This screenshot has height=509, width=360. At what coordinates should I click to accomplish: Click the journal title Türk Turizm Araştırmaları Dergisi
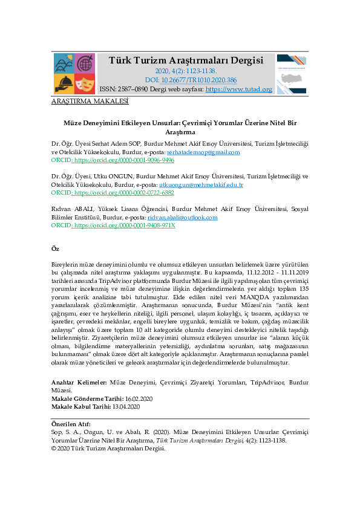(186, 60)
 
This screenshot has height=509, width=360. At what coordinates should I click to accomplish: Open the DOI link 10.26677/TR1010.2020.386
(199, 80)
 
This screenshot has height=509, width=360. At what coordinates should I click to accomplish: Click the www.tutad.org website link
(239, 89)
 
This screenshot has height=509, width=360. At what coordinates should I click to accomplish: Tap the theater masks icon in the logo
(85, 84)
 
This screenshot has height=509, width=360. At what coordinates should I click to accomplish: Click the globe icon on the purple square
(85, 63)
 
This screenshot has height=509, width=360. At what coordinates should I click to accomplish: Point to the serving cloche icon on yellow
(64, 84)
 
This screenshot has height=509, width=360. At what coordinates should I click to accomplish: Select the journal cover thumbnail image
(292, 74)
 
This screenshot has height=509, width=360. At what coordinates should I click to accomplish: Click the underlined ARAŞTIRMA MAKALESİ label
(90, 102)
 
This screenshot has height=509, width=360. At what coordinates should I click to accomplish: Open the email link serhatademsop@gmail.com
(203, 152)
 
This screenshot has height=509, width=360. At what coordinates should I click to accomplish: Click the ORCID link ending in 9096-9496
(125, 160)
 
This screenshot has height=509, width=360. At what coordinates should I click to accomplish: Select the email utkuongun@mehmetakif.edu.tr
(201, 185)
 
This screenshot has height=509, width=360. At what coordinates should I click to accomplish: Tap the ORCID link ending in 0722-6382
(125, 192)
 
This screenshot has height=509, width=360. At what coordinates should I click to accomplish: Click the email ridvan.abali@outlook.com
(183, 217)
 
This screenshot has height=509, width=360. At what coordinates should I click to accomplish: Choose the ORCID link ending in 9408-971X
(125, 225)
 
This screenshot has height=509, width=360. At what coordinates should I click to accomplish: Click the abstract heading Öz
(55, 248)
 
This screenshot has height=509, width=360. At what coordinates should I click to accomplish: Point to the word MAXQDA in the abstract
(255, 297)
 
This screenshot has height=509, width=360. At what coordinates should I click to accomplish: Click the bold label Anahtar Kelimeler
(79, 383)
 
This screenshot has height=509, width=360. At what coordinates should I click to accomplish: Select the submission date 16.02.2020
(139, 398)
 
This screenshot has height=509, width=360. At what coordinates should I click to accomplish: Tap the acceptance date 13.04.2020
(126, 407)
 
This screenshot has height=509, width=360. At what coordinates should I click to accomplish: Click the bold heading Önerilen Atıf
(71, 424)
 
